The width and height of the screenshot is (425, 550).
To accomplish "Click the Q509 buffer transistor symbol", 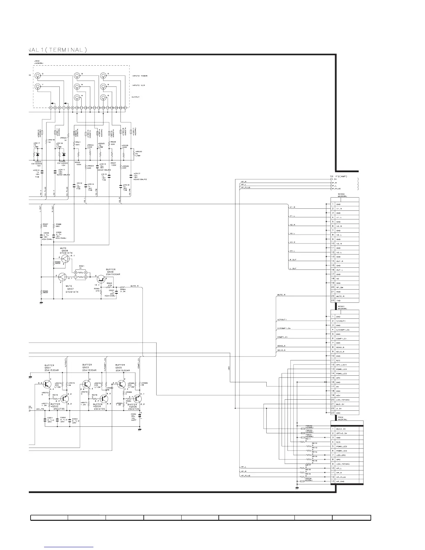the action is [101, 278].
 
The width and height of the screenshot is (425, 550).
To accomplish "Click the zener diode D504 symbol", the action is [38, 154].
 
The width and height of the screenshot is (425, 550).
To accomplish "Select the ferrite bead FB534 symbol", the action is [303, 482].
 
